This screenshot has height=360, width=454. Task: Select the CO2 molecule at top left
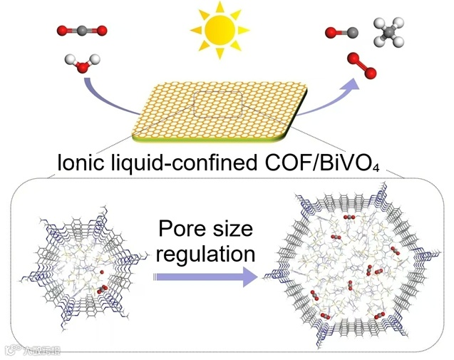coord(83,30)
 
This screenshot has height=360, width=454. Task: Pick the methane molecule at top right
coord(388,33)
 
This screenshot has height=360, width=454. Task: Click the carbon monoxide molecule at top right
coord(336,32)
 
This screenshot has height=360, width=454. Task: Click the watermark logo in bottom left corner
coord(32,350)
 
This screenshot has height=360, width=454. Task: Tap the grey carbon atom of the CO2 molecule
coord(83,30)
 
